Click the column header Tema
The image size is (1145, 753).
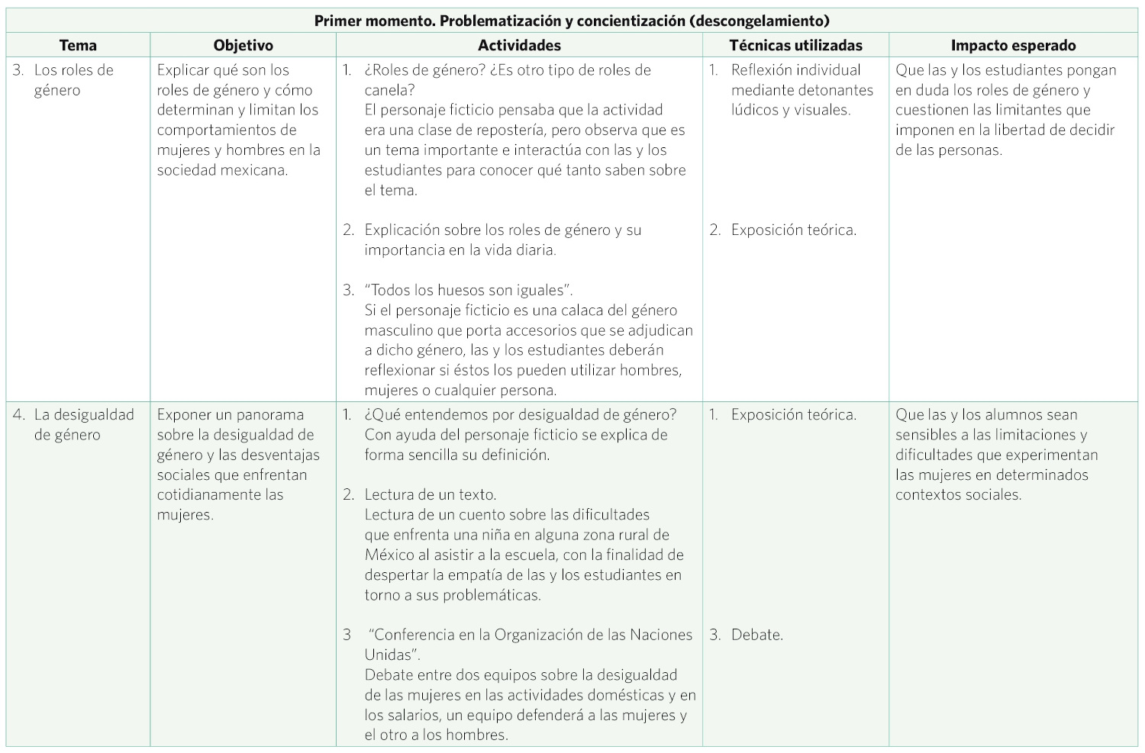[x=78, y=46]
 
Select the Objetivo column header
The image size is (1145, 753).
[x=243, y=46]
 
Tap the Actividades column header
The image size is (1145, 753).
[x=519, y=46]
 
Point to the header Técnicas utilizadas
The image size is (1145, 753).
[x=795, y=46]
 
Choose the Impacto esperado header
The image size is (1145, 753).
[x=1013, y=46]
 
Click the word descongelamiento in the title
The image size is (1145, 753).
[x=759, y=21]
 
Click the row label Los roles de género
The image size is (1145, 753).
[x=73, y=80]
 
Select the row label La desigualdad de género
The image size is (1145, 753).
[x=83, y=425]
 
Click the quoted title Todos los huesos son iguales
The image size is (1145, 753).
[x=469, y=290]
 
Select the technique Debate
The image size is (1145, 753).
[x=756, y=635]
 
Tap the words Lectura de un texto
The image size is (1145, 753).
[x=431, y=494]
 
